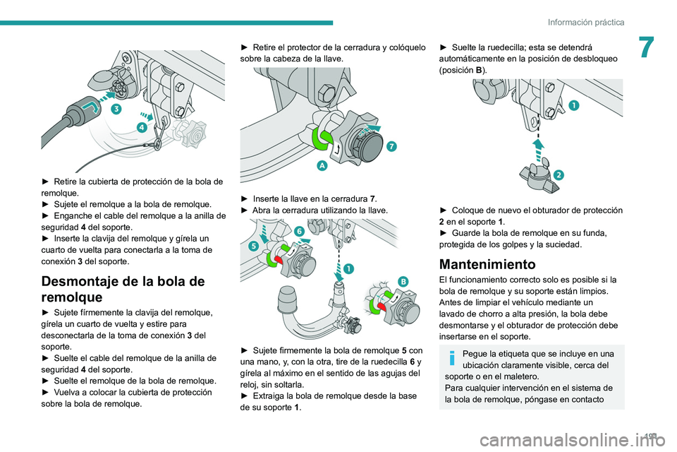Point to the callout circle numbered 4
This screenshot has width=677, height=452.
141,126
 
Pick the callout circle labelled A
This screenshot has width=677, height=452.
322,165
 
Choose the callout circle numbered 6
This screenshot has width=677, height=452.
299,230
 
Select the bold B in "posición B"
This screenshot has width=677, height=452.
481,71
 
